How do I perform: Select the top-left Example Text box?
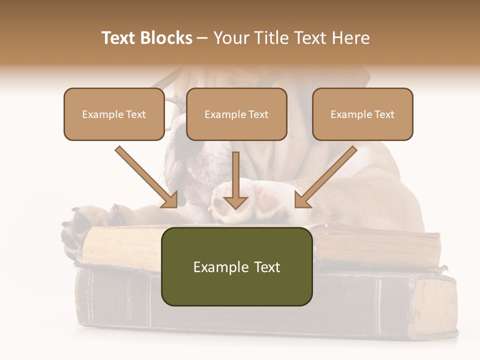coord(114,114)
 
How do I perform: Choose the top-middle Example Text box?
coord(236,114)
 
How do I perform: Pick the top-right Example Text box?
coord(362,114)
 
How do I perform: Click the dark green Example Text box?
coord(236,266)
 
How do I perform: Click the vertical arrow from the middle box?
coord(235,180)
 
